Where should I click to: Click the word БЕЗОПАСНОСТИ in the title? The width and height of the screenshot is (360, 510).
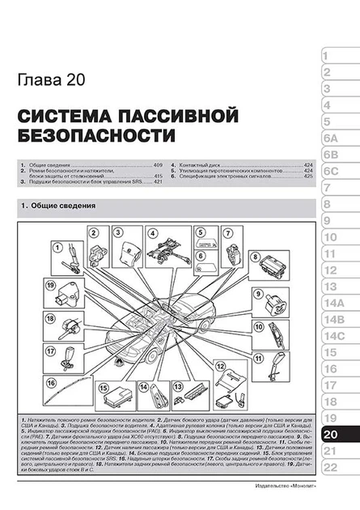[96, 134]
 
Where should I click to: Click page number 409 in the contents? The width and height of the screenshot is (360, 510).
[159, 164]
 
